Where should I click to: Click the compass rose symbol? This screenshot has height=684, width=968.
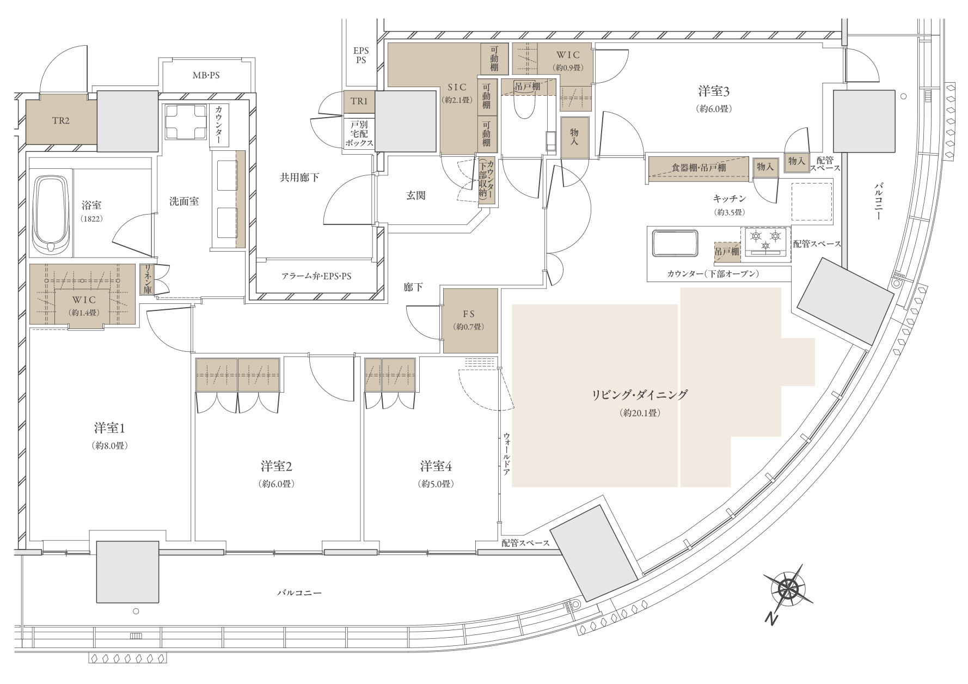788,588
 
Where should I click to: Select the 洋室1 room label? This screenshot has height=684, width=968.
110,427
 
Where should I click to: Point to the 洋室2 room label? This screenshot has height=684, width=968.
277,466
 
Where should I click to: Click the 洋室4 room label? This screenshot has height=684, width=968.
436,466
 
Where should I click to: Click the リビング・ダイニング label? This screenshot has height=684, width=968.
640,395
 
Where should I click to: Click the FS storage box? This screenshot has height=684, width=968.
470,320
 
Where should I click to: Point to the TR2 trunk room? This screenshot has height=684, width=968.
61,121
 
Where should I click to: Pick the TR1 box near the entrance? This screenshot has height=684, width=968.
359,102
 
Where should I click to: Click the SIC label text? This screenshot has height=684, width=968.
457,88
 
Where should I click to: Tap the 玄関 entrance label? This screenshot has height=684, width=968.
416,196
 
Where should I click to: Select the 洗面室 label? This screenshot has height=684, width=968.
184,201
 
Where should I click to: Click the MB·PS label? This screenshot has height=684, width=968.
206,75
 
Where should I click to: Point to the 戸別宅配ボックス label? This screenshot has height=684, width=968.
359,134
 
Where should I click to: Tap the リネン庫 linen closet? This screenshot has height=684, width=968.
147,279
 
